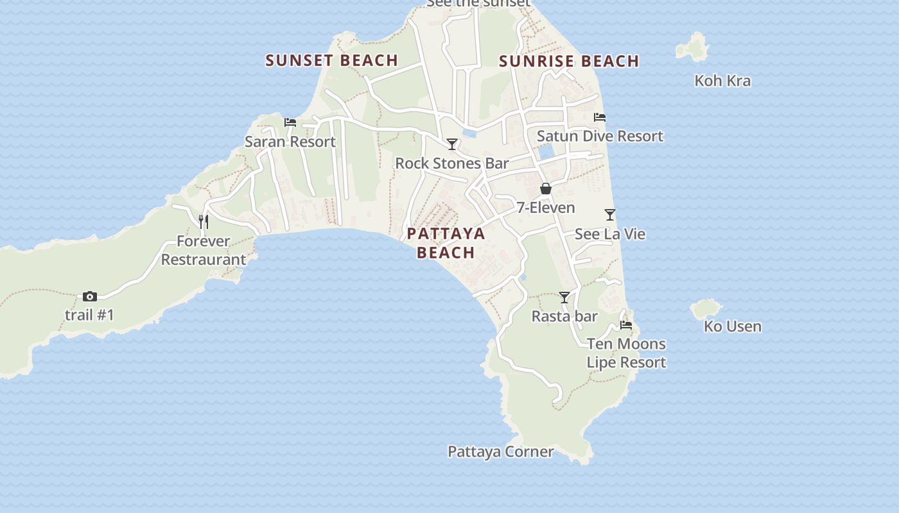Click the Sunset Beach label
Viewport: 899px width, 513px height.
click(x=331, y=60)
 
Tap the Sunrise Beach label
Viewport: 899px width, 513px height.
click(x=569, y=61)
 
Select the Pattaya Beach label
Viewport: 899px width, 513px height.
click(x=446, y=242)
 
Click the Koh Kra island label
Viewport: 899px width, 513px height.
click(x=722, y=81)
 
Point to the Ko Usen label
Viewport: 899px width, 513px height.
click(x=732, y=326)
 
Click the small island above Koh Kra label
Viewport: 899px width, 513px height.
click(x=692, y=47)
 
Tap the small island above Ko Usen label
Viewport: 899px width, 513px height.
click(x=706, y=308)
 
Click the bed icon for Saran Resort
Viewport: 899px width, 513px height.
click(x=290, y=122)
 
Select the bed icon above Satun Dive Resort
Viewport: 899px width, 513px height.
click(x=600, y=117)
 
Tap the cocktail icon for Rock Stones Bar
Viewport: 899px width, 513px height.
click(x=452, y=144)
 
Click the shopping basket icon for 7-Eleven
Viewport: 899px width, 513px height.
click(x=546, y=189)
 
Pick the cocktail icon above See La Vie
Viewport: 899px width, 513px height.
click(x=610, y=215)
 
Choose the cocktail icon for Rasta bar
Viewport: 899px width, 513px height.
click(x=564, y=298)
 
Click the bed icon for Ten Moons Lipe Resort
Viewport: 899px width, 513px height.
click(x=626, y=325)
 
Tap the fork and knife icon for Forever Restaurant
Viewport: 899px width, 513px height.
click(x=203, y=222)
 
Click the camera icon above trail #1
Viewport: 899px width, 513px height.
click(x=90, y=296)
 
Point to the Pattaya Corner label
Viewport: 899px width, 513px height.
click(x=500, y=451)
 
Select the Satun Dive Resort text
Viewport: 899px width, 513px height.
click(x=600, y=136)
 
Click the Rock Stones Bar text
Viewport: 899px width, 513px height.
click(x=451, y=163)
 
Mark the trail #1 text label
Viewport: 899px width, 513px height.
click(x=89, y=315)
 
